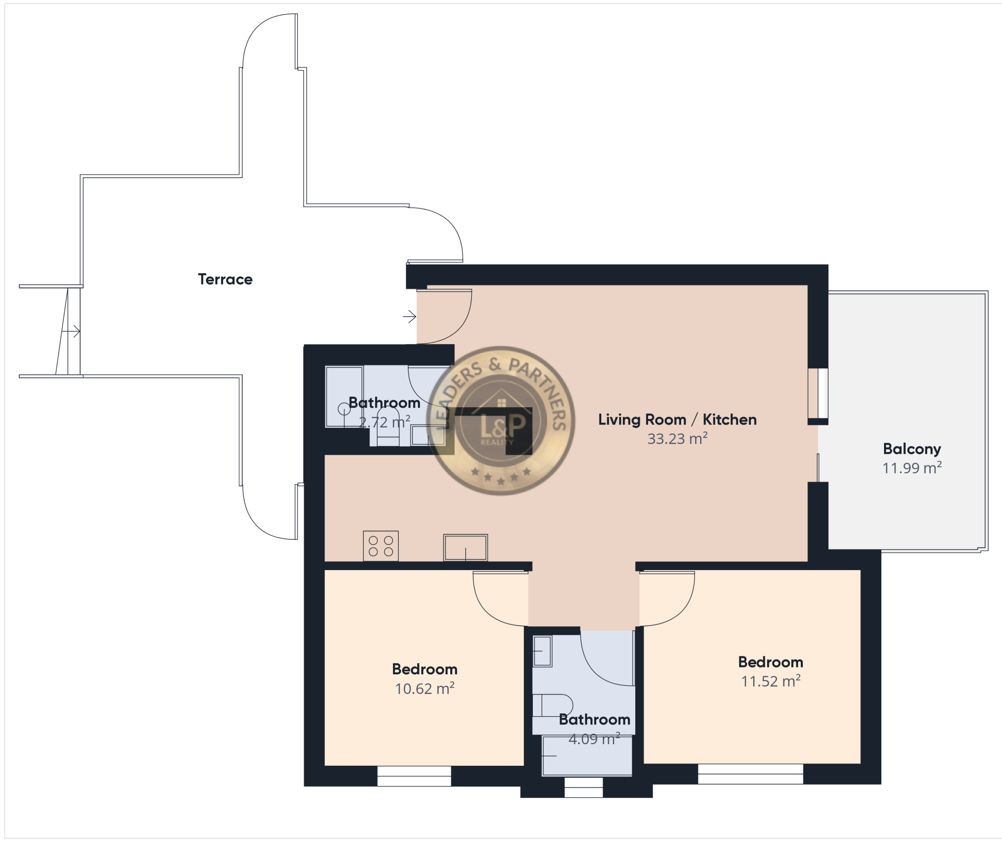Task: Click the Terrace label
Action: coord(225,279)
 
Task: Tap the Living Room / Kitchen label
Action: coord(677,420)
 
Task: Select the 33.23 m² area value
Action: coord(677,438)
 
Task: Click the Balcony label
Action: coord(912,449)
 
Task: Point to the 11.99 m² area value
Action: coord(912,468)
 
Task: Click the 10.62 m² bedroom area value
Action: coord(425,688)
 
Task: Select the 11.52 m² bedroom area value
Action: coord(771,681)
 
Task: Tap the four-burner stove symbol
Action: coord(381,546)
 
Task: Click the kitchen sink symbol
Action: coord(465,548)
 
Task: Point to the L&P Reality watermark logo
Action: coord(500,420)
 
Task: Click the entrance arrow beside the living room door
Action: coord(409,316)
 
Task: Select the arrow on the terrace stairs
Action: coord(71,331)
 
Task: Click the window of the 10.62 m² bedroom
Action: coord(414,776)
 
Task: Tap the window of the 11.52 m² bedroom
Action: coord(750,774)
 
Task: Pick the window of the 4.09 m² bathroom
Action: coord(583,787)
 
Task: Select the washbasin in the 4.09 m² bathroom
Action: coord(542,651)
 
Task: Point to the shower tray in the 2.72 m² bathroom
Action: coord(344,396)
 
